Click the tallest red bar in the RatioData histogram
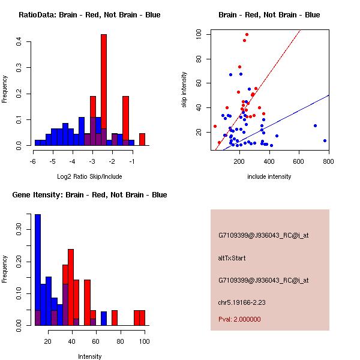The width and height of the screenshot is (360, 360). pos(104,90)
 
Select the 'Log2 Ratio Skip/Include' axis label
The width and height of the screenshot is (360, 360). pos(89,176)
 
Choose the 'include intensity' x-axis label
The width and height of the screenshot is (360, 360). pos(269,176)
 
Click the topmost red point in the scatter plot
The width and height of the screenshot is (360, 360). pos(247,35)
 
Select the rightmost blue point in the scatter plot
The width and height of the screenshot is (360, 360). pos(325,140)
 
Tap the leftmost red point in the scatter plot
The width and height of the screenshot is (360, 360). pos(215,126)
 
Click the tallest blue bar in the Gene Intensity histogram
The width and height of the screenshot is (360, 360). pos(37,270)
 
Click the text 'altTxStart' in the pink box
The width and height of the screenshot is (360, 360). pos(232,258)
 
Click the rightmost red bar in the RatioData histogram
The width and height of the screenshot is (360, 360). pos(142,139)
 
